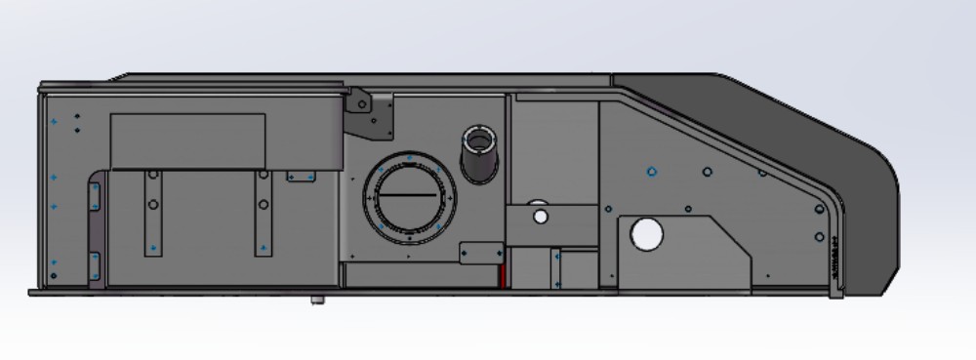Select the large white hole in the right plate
click(x=646, y=234)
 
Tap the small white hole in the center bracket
click(x=541, y=216)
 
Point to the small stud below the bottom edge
click(x=316, y=300)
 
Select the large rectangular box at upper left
click(x=187, y=140)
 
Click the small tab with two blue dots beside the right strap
click(x=301, y=177)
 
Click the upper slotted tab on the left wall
click(x=96, y=196)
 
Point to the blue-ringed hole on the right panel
click(x=651, y=172)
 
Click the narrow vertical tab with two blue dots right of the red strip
click(x=555, y=268)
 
